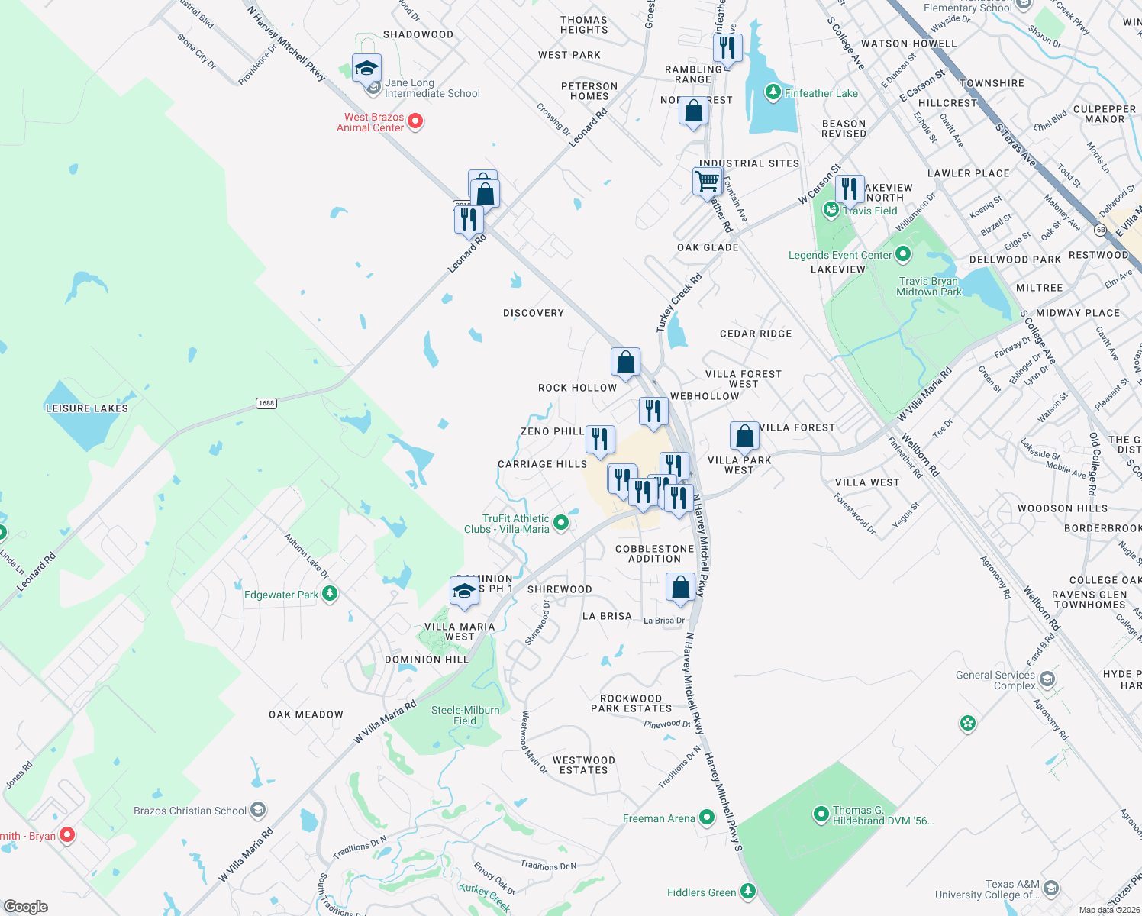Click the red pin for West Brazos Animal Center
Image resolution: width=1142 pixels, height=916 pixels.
pyautogui.click(x=415, y=121)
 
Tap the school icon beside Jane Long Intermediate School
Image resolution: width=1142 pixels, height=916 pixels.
pyautogui.click(x=367, y=69)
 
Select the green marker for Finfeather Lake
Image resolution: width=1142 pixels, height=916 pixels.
pyautogui.click(x=773, y=93)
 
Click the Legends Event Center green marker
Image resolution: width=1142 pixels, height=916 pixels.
pyautogui.click(x=903, y=253)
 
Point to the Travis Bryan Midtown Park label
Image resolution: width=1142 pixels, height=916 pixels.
pyautogui.click(x=928, y=286)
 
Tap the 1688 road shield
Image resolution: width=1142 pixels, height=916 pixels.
pyautogui.click(x=266, y=403)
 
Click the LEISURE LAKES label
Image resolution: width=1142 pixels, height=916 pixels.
pyautogui.click(x=87, y=408)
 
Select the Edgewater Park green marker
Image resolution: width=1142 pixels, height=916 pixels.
pyautogui.click(x=330, y=593)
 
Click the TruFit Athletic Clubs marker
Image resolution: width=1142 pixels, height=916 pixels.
pyautogui.click(x=561, y=523)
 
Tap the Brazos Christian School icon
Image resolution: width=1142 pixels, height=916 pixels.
pyautogui.click(x=258, y=810)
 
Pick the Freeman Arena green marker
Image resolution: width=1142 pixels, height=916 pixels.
pyautogui.click(x=707, y=818)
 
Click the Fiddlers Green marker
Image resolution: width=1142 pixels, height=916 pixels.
pyautogui.click(x=748, y=891)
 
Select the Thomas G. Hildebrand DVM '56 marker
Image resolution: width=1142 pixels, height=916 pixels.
pyautogui.click(x=821, y=814)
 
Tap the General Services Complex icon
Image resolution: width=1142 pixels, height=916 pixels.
pyautogui.click(x=1047, y=679)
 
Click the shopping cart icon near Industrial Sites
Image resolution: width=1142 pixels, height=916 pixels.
pyautogui.click(x=708, y=182)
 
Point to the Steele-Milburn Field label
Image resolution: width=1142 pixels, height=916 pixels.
pyautogui.click(x=465, y=715)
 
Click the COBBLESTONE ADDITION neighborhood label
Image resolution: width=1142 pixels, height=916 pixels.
pyautogui.click(x=654, y=553)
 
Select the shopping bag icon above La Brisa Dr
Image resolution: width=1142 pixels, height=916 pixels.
pyautogui.click(x=680, y=587)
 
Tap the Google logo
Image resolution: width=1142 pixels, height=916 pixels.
pyautogui.click(x=25, y=907)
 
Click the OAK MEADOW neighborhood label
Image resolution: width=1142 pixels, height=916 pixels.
pyautogui.click(x=306, y=714)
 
